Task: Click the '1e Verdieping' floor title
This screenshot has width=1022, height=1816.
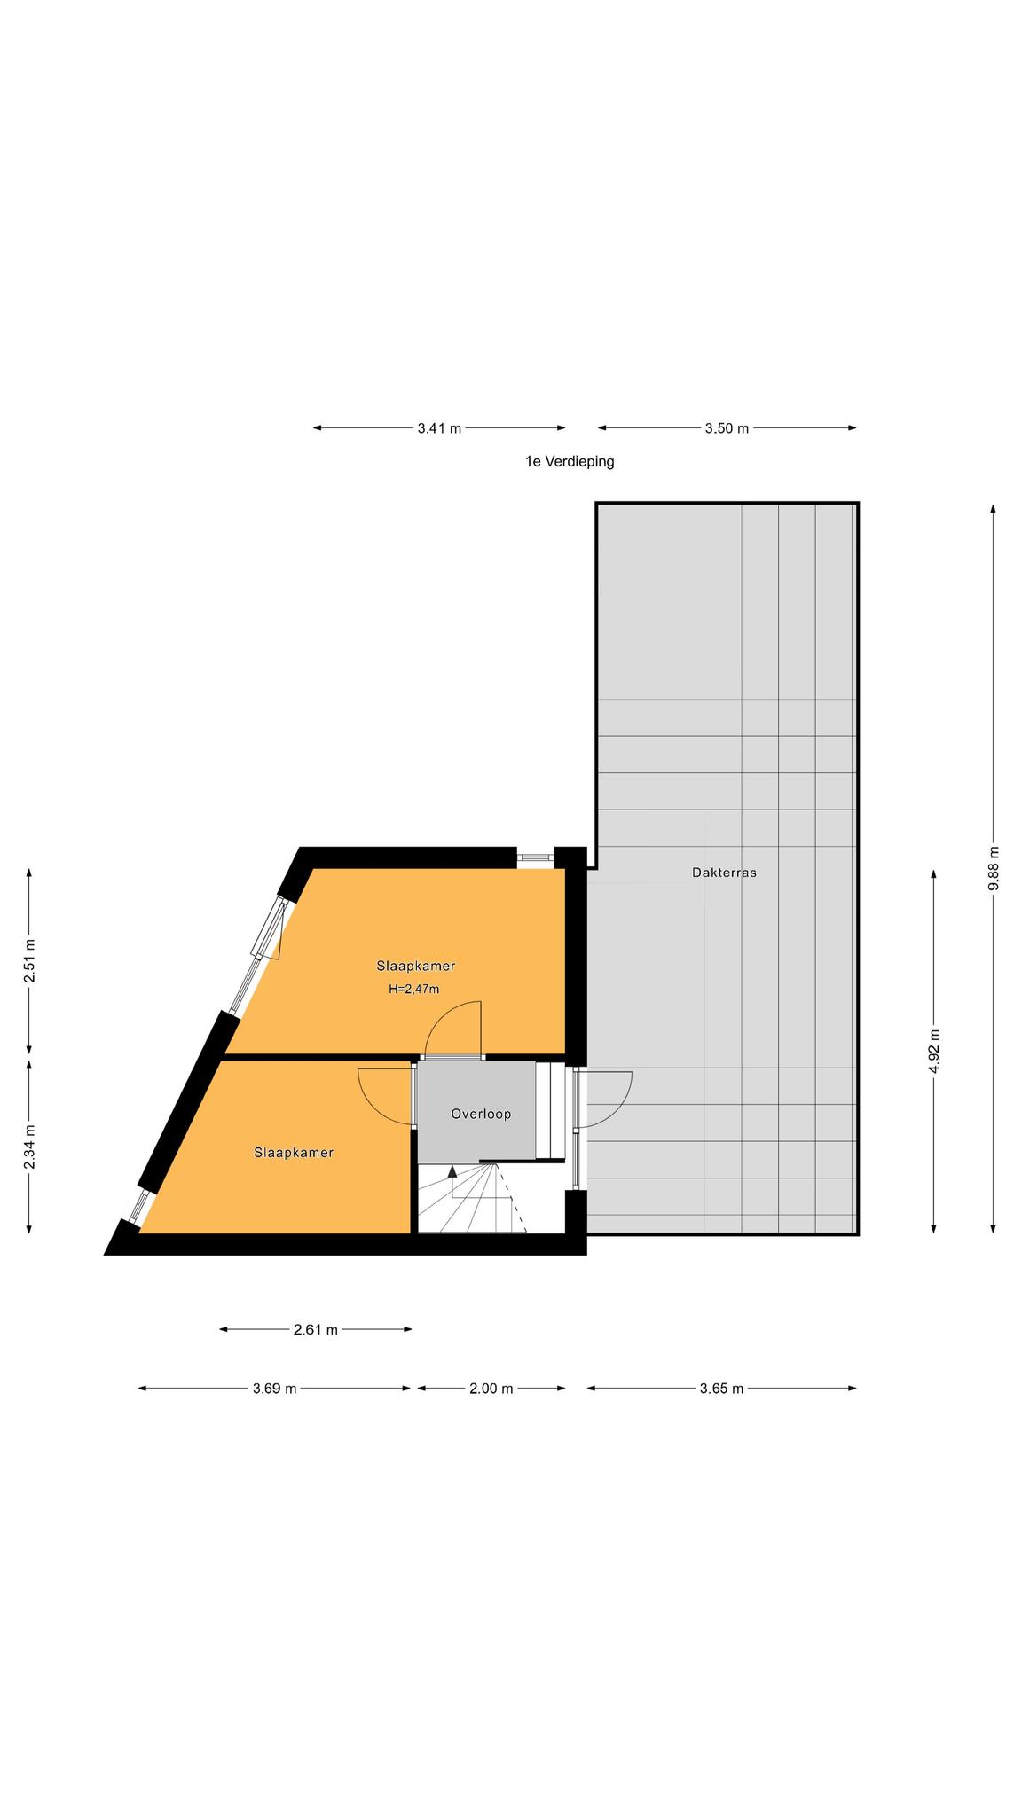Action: [569, 461]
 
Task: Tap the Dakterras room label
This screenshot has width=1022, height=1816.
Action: [724, 873]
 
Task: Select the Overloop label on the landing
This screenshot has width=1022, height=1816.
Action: [481, 1114]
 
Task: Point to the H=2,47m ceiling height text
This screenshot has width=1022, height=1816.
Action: [413, 989]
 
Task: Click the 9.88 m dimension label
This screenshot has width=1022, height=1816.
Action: [994, 869]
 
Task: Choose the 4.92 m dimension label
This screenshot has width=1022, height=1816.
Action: [933, 1052]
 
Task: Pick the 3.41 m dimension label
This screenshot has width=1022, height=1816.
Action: [439, 428]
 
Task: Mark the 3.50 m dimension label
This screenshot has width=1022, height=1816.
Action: [727, 428]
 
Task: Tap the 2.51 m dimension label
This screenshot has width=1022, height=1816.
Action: [29, 961]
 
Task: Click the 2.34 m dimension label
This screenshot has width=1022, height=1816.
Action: [29, 1147]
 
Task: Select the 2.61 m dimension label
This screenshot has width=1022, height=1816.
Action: [315, 1329]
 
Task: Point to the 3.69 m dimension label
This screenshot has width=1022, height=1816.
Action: [274, 1389]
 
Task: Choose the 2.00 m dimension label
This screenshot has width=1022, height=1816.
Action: [491, 1389]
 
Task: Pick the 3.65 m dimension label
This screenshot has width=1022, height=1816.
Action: [721, 1389]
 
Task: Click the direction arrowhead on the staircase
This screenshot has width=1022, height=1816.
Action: [452, 1171]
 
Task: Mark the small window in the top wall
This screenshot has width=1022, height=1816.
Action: [535, 857]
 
